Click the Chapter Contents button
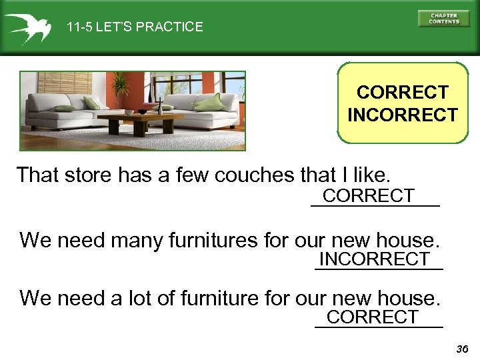[x=443, y=18]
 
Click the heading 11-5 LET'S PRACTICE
[x=135, y=27]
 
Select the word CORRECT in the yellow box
[x=402, y=92]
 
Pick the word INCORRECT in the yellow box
[x=402, y=115]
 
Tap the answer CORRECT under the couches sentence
[x=369, y=196]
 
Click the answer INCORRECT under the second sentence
[x=375, y=259]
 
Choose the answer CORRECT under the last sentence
[x=373, y=317]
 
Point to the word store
[x=87, y=175]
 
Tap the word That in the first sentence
[x=37, y=175]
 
